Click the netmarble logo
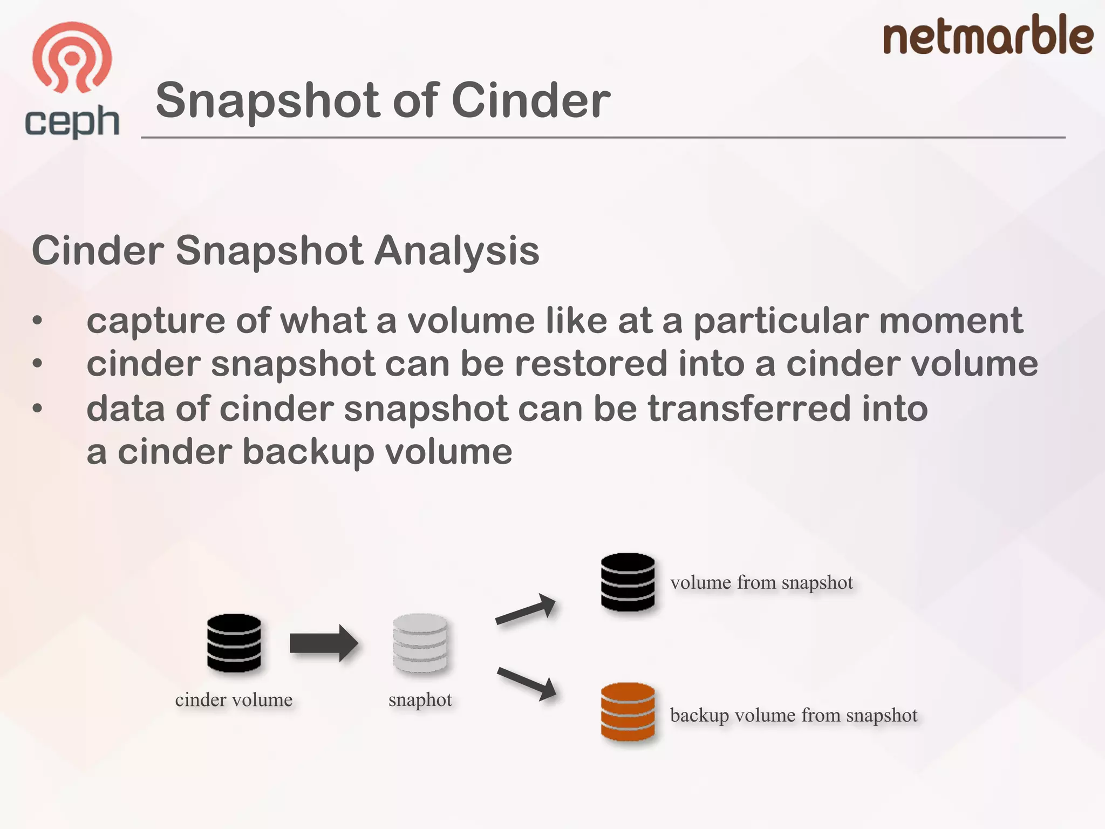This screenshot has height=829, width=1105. pos(987,35)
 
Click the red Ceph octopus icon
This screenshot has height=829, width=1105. pos(72,57)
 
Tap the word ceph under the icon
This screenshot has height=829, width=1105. pos(72,122)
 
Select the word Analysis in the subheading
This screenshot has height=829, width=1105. pos(456,250)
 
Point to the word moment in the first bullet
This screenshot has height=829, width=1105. pos(951,321)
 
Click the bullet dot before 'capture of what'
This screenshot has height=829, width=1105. pos(37,321)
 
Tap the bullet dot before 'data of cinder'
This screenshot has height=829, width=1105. pos(37,408)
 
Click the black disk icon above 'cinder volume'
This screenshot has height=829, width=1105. pos(234,643)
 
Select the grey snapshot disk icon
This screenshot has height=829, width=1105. pos(420,643)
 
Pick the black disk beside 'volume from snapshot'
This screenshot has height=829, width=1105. pos(627,582)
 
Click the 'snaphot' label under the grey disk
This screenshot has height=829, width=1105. pos(420,700)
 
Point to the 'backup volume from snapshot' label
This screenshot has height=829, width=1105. pos(794,715)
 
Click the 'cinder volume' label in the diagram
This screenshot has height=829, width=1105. pos(234,700)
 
